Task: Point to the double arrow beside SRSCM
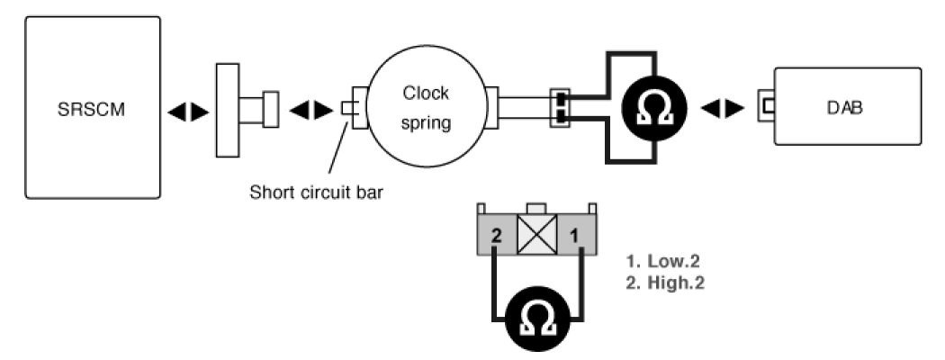click(x=188, y=111)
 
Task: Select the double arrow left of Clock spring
click(x=310, y=111)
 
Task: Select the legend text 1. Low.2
click(x=662, y=262)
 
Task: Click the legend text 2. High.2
click(x=664, y=281)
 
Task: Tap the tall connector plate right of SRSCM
click(x=227, y=110)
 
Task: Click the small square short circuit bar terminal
click(x=348, y=108)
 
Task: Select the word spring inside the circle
click(x=426, y=122)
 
